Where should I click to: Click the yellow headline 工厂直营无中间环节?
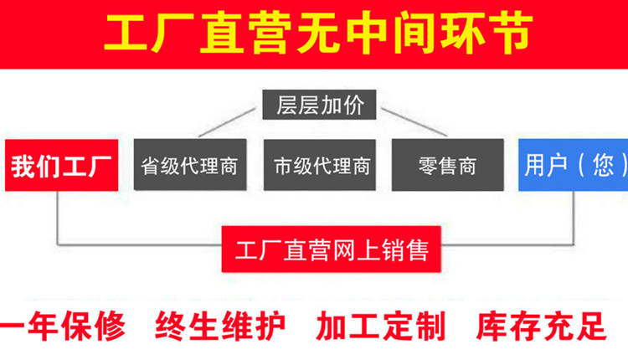point(318,33)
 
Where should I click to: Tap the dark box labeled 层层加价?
point(319,105)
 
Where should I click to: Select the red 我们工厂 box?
point(61,165)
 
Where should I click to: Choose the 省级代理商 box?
point(190,165)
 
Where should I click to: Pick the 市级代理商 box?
point(320,165)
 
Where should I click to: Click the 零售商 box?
point(448,165)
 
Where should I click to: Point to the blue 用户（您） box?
point(573,165)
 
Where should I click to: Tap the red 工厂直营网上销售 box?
point(332,249)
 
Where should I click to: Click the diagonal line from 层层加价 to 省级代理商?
point(227,122)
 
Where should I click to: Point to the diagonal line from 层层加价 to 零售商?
point(414,122)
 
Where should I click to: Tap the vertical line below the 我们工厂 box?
point(58,218)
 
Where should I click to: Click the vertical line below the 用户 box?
point(573,218)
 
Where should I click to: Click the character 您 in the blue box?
point(603,165)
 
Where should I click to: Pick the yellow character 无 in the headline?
point(320,33)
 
